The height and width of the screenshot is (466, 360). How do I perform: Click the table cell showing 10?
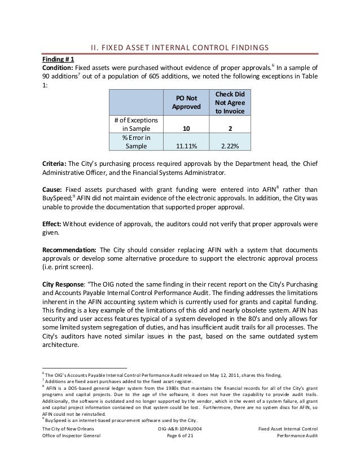click(185, 129)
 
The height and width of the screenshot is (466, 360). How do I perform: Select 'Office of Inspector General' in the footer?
click(72, 437)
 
